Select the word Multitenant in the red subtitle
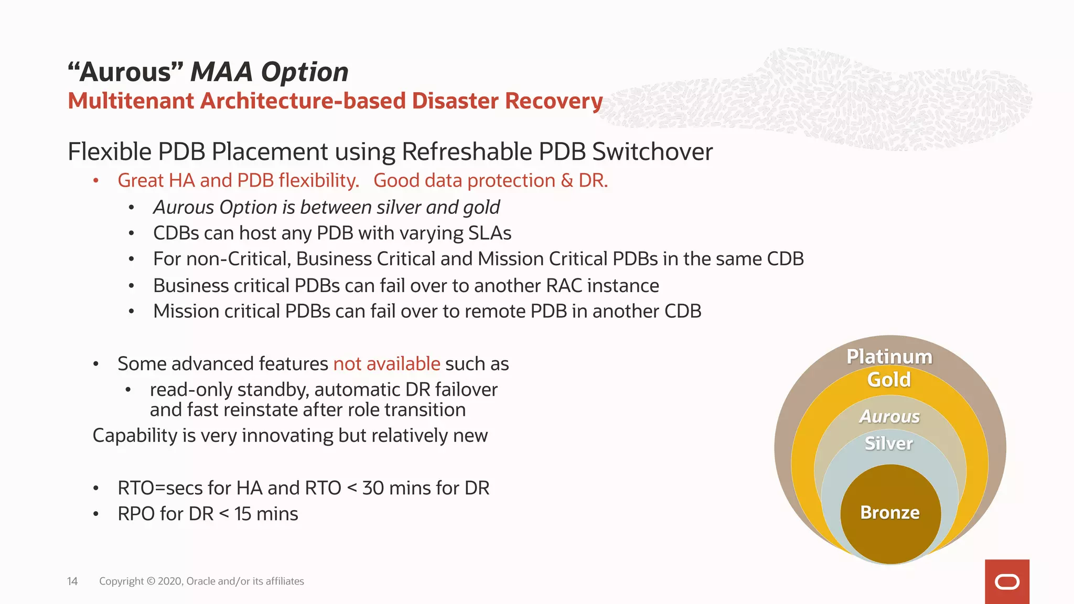coord(131,101)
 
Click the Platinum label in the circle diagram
coord(889,357)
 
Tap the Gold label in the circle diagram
coord(889,380)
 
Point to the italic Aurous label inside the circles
coord(889,416)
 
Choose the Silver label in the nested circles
coord(889,444)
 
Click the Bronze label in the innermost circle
coord(890,512)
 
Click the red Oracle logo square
coord(1007,581)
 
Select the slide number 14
coord(72,581)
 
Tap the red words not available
coord(386,364)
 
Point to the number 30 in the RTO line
coord(373,488)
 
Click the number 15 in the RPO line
coord(243,514)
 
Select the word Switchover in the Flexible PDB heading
coord(652,152)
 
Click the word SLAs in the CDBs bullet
coord(490,233)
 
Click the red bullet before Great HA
coord(96,181)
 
